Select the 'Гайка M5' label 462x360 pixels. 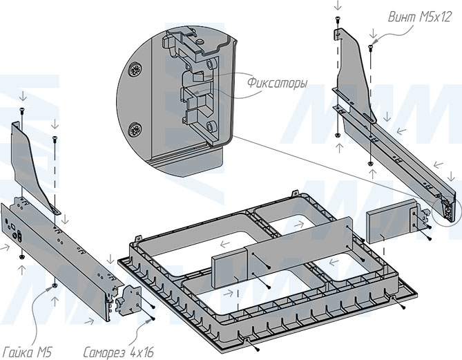pyautogui.click(x=26, y=349)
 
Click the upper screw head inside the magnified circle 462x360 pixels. pyautogui.click(x=135, y=70)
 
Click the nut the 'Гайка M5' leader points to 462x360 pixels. pyautogui.click(x=53, y=285)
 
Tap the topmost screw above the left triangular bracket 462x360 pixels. pyautogui.click(x=21, y=110)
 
